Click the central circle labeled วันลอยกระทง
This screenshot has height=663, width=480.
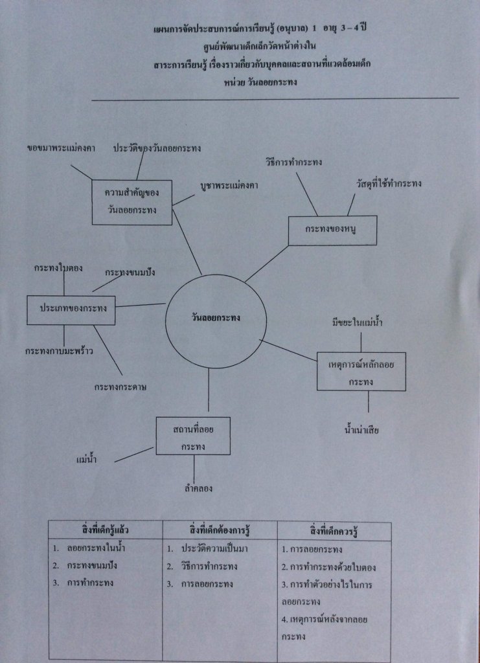click(216, 318)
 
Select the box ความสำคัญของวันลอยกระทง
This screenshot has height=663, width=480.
click(132, 202)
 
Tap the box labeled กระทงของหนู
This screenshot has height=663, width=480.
click(332, 230)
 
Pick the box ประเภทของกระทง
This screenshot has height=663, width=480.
click(71, 310)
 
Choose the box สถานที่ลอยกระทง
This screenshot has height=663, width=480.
click(193, 435)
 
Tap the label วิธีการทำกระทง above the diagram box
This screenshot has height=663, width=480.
click(294, 161)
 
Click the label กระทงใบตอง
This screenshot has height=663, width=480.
click(58, 267)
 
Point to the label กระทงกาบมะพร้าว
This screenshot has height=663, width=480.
click(59, 351)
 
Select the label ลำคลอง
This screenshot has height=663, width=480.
click(198, 488)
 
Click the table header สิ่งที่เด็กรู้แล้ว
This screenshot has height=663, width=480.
click(106, 531)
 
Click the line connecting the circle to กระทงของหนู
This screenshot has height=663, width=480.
click(267, 264)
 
